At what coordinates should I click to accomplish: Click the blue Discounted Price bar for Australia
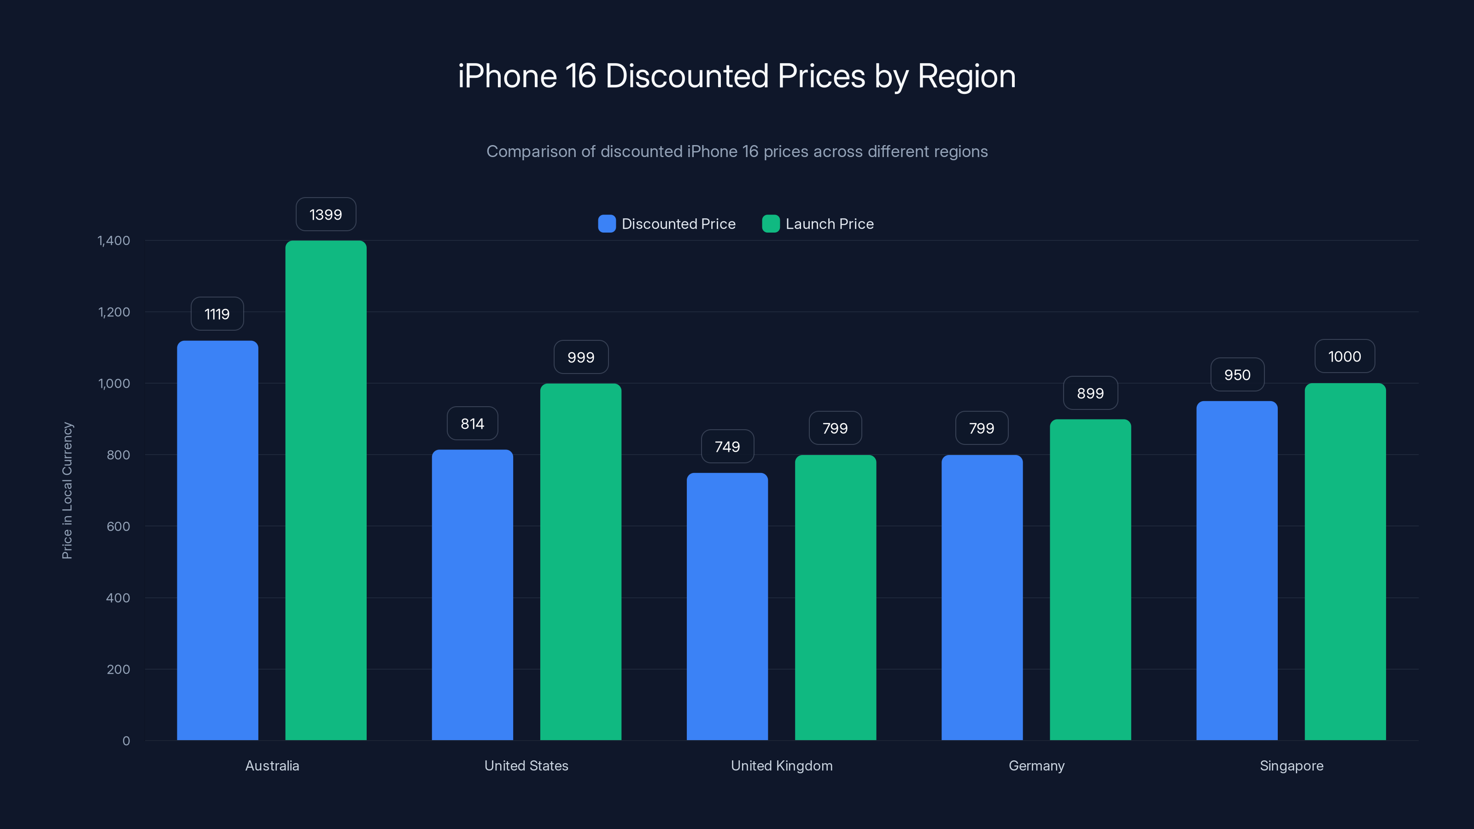(217, 540)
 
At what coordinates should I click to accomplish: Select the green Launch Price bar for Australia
(326, 490)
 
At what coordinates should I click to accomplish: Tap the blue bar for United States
(472, 595)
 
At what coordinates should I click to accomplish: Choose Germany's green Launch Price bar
(1090, 579)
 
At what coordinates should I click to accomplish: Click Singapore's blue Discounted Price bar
(1236, 571)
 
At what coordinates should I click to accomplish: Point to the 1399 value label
(326, 215)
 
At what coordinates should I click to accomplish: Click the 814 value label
(472, 423)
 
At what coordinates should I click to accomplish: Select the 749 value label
(727, 446)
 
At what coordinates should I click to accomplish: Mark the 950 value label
(1236, 375)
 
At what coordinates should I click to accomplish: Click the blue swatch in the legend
(607, 224)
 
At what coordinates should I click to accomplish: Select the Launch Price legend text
(829, 224)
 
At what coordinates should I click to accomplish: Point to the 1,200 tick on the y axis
(114, 312)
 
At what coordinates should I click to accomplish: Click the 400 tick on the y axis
(118, 598)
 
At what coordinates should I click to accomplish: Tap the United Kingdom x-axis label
(782, 765)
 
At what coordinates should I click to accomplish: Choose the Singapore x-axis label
(1292, 765)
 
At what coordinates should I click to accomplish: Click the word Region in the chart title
(966, 76)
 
